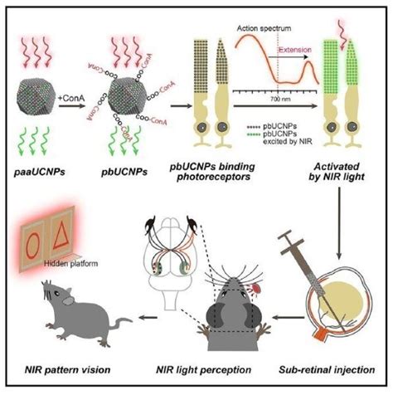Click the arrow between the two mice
click(148, 316)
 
